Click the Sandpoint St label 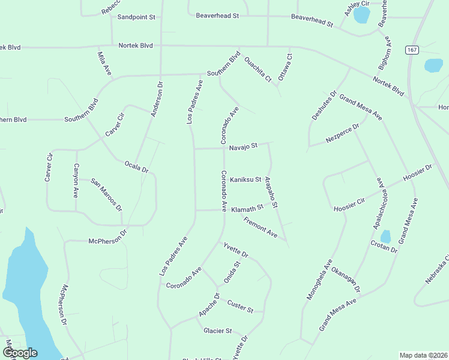pos(136,17)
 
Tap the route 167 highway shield pos(411,49)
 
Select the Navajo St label pos(243,146)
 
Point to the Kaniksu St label pos(246,179)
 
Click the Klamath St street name pos(247,208)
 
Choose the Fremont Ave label pos(261,228)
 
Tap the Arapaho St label pos(271,193)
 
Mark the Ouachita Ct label pos(258,70)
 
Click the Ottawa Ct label pos(285,67)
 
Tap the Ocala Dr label pos(136,166)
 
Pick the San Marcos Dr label pos(106,194)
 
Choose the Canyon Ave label pos(76,181)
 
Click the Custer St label pos(241,306)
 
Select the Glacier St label pos(217,331)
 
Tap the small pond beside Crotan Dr pos(385,236)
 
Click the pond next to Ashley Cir pos(361,14)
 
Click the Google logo pos(19,353)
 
